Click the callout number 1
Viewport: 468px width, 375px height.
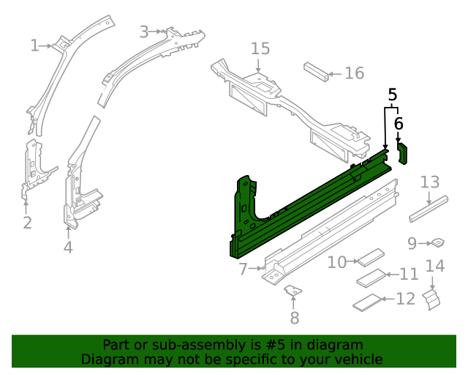point(34,46)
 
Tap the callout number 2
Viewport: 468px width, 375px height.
point(27,223)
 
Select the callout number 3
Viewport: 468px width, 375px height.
point(144,31)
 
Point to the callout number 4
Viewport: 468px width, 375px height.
point(68,248)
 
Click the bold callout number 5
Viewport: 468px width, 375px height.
point(393,94)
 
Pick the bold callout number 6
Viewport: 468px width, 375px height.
point(399,122)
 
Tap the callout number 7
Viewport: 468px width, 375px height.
point(244,270)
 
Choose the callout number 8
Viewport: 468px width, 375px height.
point(295,318)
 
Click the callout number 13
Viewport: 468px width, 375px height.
point(430,182)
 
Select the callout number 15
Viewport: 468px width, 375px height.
point(260,48)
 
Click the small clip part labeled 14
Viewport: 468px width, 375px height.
point(434,297)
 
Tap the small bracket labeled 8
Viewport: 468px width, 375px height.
point(294,292)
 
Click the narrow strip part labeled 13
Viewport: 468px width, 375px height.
point(429,207)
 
